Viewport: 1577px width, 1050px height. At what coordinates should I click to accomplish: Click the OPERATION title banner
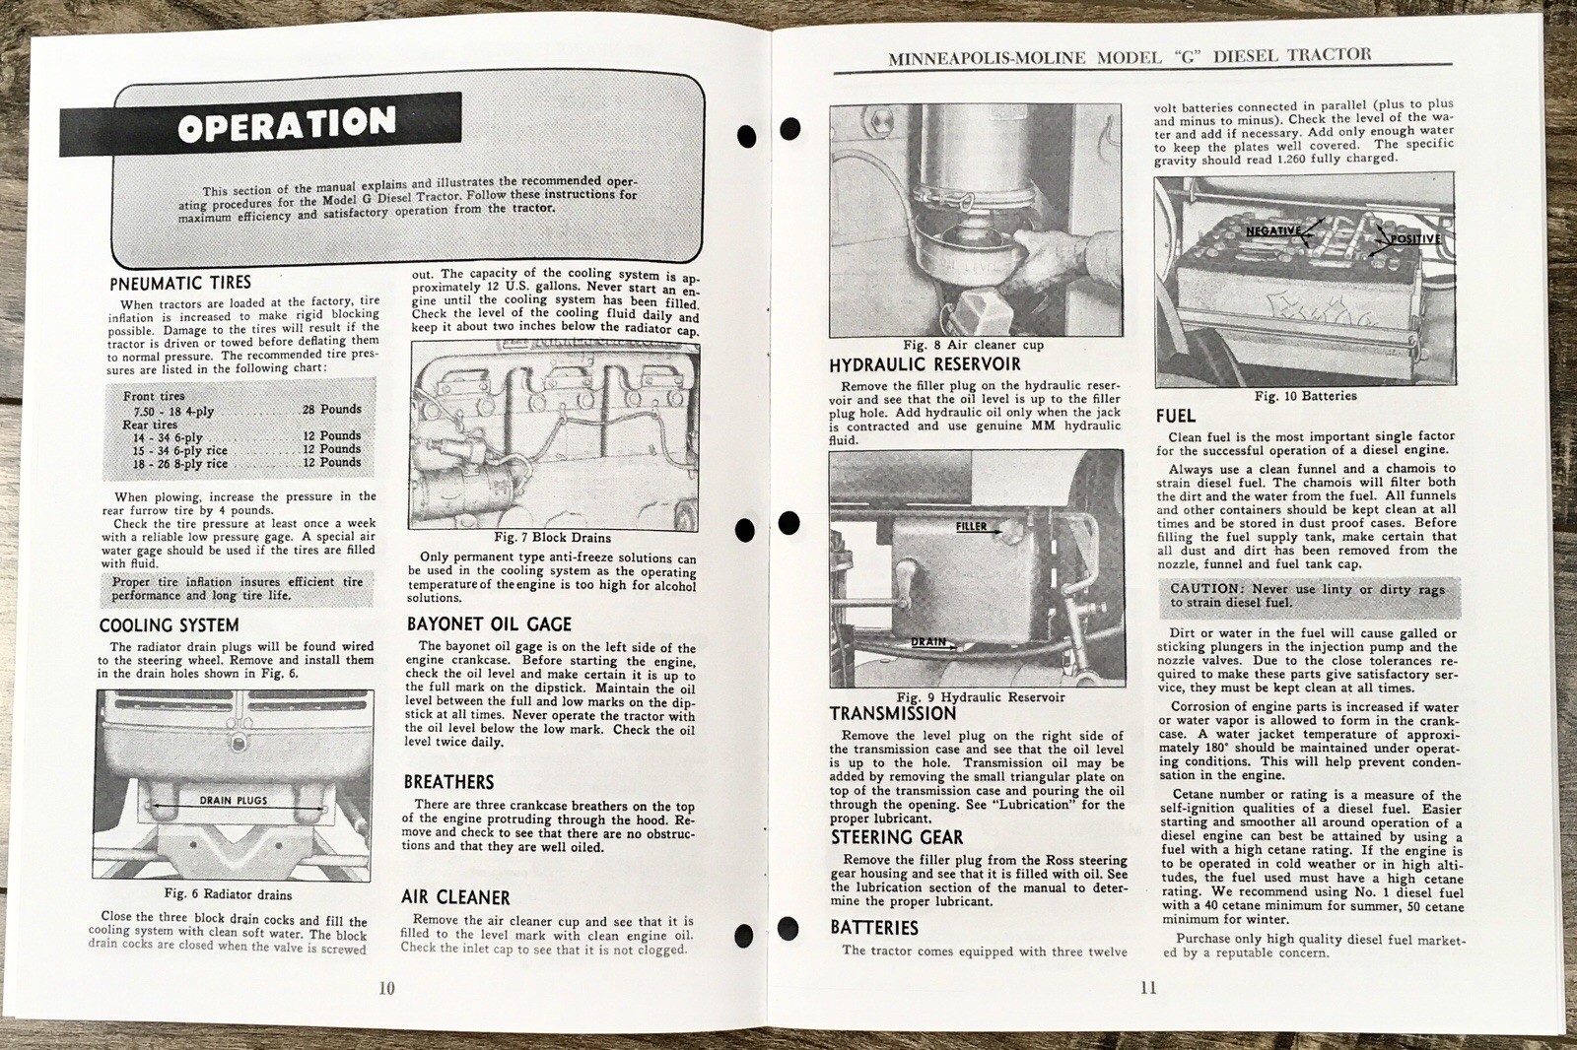(x=286, y=124)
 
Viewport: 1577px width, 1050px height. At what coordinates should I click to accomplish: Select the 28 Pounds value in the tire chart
(x=332, y=409)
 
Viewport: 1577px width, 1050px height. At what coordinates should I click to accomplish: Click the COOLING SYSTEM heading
(x=169, y=625)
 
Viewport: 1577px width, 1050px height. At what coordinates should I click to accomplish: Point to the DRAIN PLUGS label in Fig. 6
(x=234, y=801)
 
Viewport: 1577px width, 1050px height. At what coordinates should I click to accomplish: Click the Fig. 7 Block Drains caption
(x=552, y=538)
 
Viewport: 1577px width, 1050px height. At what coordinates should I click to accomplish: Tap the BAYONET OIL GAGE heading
(x=489, y=624)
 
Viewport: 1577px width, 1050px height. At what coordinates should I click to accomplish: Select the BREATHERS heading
(x=448, y=782)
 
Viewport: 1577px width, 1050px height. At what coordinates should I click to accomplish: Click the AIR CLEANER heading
(x=455, y=897)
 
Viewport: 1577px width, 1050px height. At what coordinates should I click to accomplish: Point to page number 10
(x=386, y=988)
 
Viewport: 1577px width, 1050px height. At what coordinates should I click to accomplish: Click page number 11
(x=1148, y=988)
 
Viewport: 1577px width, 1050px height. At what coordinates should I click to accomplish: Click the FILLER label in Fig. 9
(x=971, y=527)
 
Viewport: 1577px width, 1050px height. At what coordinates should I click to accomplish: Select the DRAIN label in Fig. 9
(x=927, y=642)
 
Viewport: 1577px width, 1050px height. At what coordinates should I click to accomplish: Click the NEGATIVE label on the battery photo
(x=1272, y=230)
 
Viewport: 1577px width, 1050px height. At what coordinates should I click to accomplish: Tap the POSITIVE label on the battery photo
(x=1415, y=239)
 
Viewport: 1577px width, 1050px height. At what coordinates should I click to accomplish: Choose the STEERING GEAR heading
(x=897, y=837)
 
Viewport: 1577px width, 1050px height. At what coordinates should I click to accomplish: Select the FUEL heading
(x=1176, y=416)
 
